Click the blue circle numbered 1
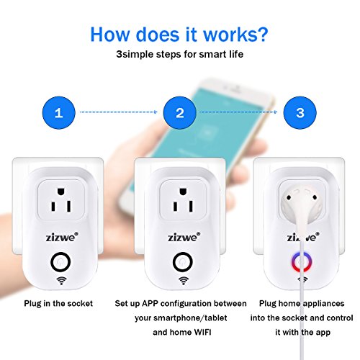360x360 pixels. pyautogui.click(x=59, y=112)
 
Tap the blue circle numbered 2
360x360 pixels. pyautogui.click(x=180, y=112)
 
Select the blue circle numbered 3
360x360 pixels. pyautogui.click(x=300, y=112)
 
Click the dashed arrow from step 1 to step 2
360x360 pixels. pyautogui.click(x=119, y=112)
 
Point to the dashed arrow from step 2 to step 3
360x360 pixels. pyautogui.click(x=238, y=112)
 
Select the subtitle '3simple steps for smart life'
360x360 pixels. pyautogui.click(x=180, y=54)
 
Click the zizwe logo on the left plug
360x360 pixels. pyautogui.click(x=62, y=237)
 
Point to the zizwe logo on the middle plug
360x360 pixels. pyautogui.click(x=184, y=237)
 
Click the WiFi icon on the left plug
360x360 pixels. pyautogui.click(x=61, y=280)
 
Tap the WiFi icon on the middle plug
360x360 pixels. pyautogui.click(x=184, y=280)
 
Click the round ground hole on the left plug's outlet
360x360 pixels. pyautogui.click(x=61, y=192)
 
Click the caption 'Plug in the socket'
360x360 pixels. pyautogui.click(x=58, y=304)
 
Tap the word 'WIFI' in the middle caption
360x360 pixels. pyautogui.click(x=202, y=332)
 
